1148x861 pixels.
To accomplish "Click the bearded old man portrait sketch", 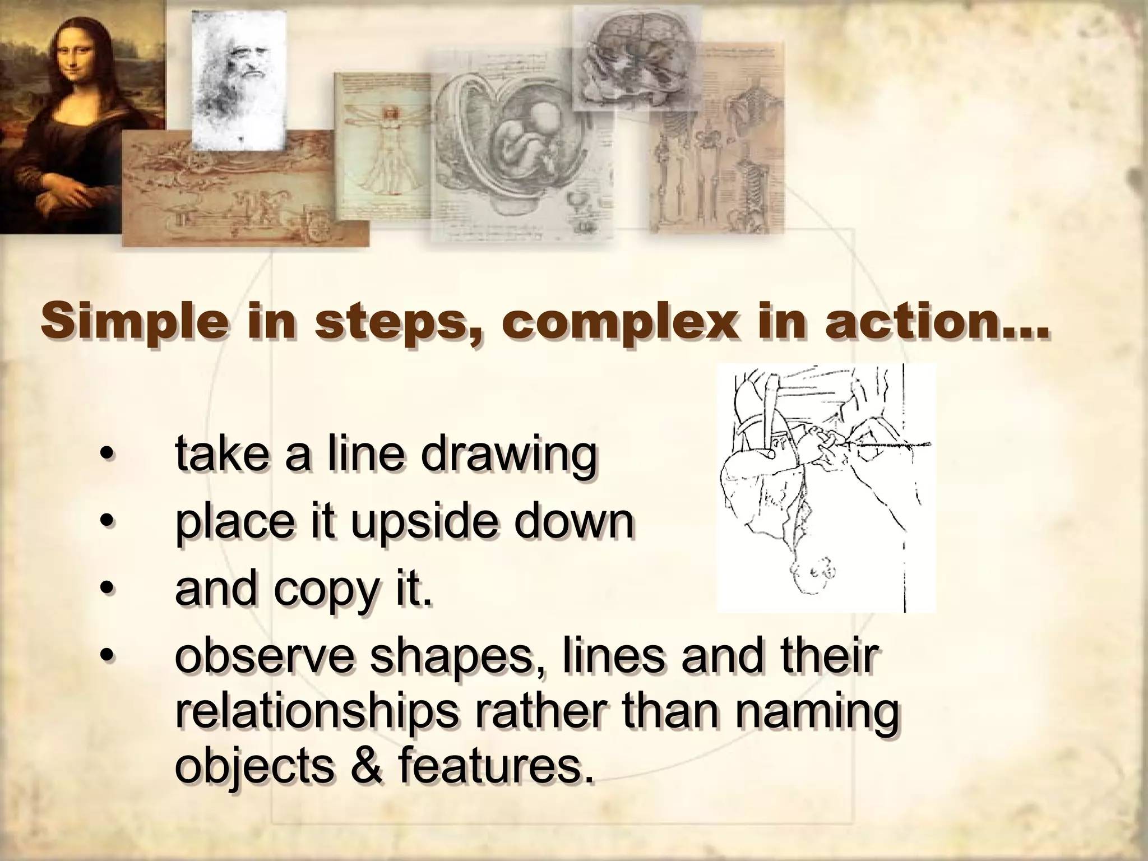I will point(238,78).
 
